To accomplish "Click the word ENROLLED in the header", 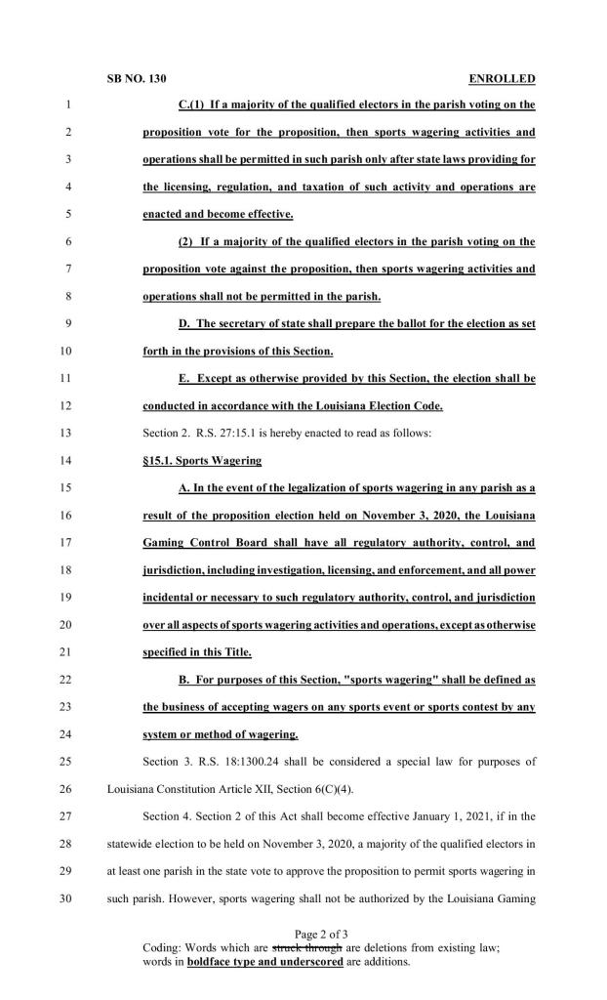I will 503,78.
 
